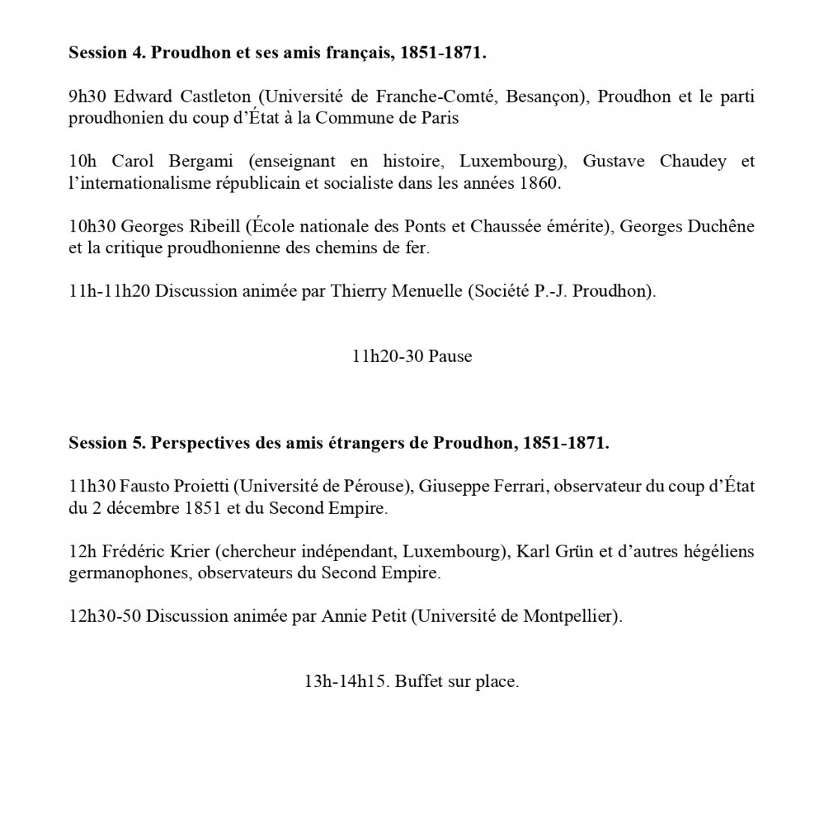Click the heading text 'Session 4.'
pos(106,53)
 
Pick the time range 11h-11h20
pos(109,291)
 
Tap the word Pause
pos(450,357)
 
